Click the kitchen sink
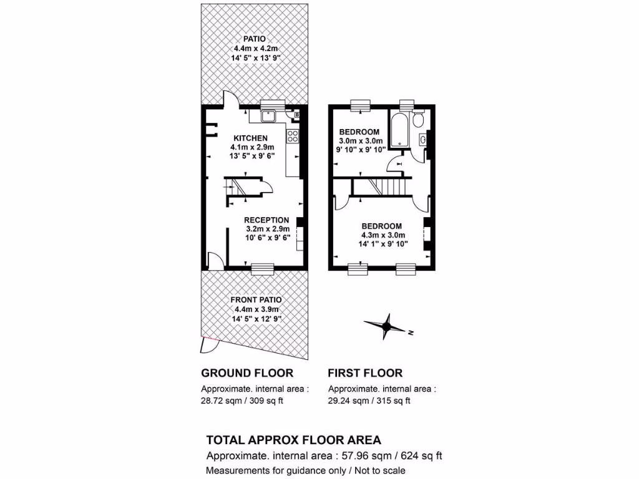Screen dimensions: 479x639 coord(270,115)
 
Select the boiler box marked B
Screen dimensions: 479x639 coord(296,115)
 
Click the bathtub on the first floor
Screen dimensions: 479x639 coord(398,129)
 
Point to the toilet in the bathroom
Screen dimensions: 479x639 coord(419,119)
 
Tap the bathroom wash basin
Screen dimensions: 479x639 coord(424,140)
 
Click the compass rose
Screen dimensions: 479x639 coord(386,326)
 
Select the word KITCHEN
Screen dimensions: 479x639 coord(251,138)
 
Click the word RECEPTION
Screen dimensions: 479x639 coord(266,220)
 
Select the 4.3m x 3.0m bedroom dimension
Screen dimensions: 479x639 coord(383,235)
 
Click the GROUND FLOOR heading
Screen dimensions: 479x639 coord(247,373)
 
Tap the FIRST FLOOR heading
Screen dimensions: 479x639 coord(365,373)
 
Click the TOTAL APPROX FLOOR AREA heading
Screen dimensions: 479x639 coord(293,440)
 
